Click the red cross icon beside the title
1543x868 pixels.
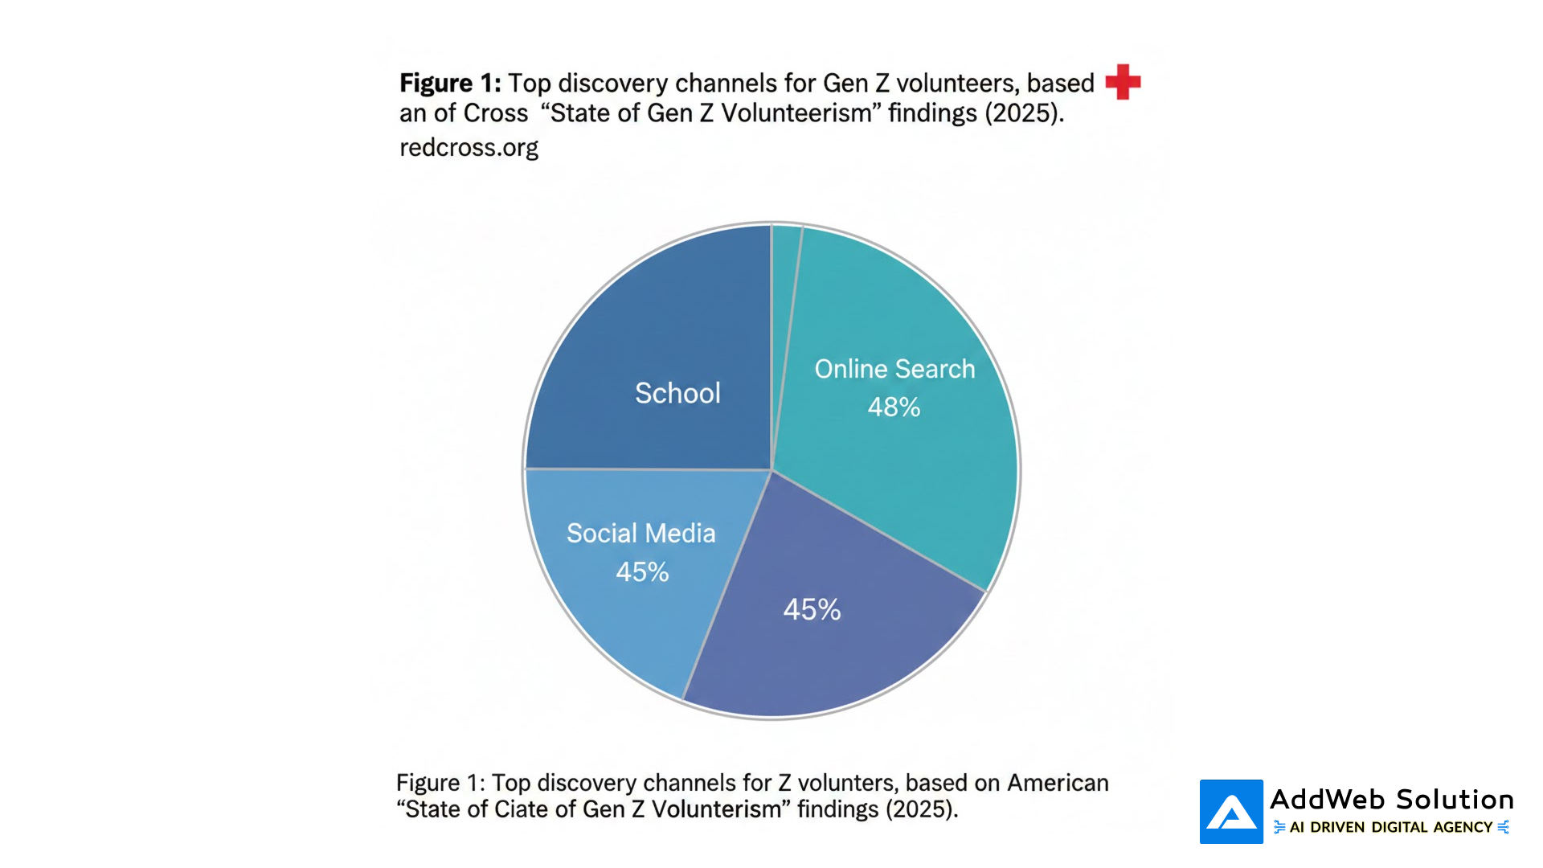(1123, 82)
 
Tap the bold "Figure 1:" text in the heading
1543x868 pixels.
(450, 83)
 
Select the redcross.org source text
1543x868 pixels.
(469, 148)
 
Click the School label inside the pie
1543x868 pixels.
(677, 393)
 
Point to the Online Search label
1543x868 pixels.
(894, 369)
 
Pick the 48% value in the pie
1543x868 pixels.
(894, 407)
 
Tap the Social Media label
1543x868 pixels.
(641, 533)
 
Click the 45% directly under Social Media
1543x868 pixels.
(642, 571)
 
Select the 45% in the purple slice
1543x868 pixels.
(812, 609)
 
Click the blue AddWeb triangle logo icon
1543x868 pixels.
(1231, 812)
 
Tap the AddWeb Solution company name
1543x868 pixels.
(1392, 799)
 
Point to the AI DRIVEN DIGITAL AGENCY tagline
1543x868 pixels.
(1391, 827)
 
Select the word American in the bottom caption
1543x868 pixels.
(1058, 783)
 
